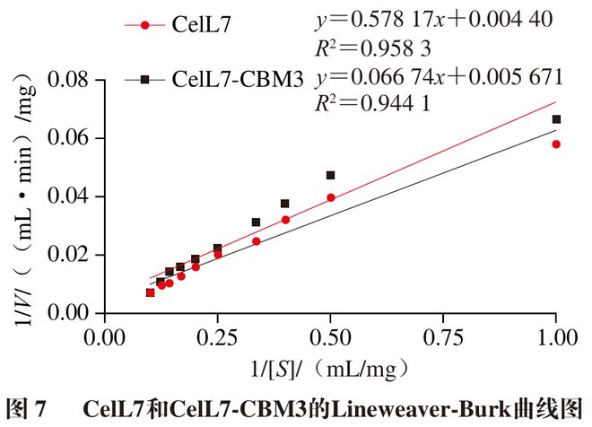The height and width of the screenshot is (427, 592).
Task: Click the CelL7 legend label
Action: (x=201, y=25)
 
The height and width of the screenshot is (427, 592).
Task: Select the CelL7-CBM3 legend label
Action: (x=236, y=80)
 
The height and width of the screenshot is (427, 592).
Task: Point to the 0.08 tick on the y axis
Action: (x=71, y=81)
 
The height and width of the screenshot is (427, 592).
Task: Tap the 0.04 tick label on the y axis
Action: (x=71, y=196)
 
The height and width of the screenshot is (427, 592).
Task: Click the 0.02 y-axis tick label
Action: (x=71, y=255)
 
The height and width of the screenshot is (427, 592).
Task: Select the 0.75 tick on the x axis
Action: (x=443, y=337)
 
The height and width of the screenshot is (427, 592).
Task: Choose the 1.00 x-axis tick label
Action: (x=555, y=337)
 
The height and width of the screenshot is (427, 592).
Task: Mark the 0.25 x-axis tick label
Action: (x=218, y=337)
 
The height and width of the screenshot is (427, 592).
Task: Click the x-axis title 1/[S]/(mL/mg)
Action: (x=331, y=367)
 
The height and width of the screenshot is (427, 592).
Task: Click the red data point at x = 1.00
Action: (x=556, y=144)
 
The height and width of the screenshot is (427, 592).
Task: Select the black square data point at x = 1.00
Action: (x=556, y=119)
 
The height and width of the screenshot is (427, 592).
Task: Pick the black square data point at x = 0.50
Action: (x=331, y=176)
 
